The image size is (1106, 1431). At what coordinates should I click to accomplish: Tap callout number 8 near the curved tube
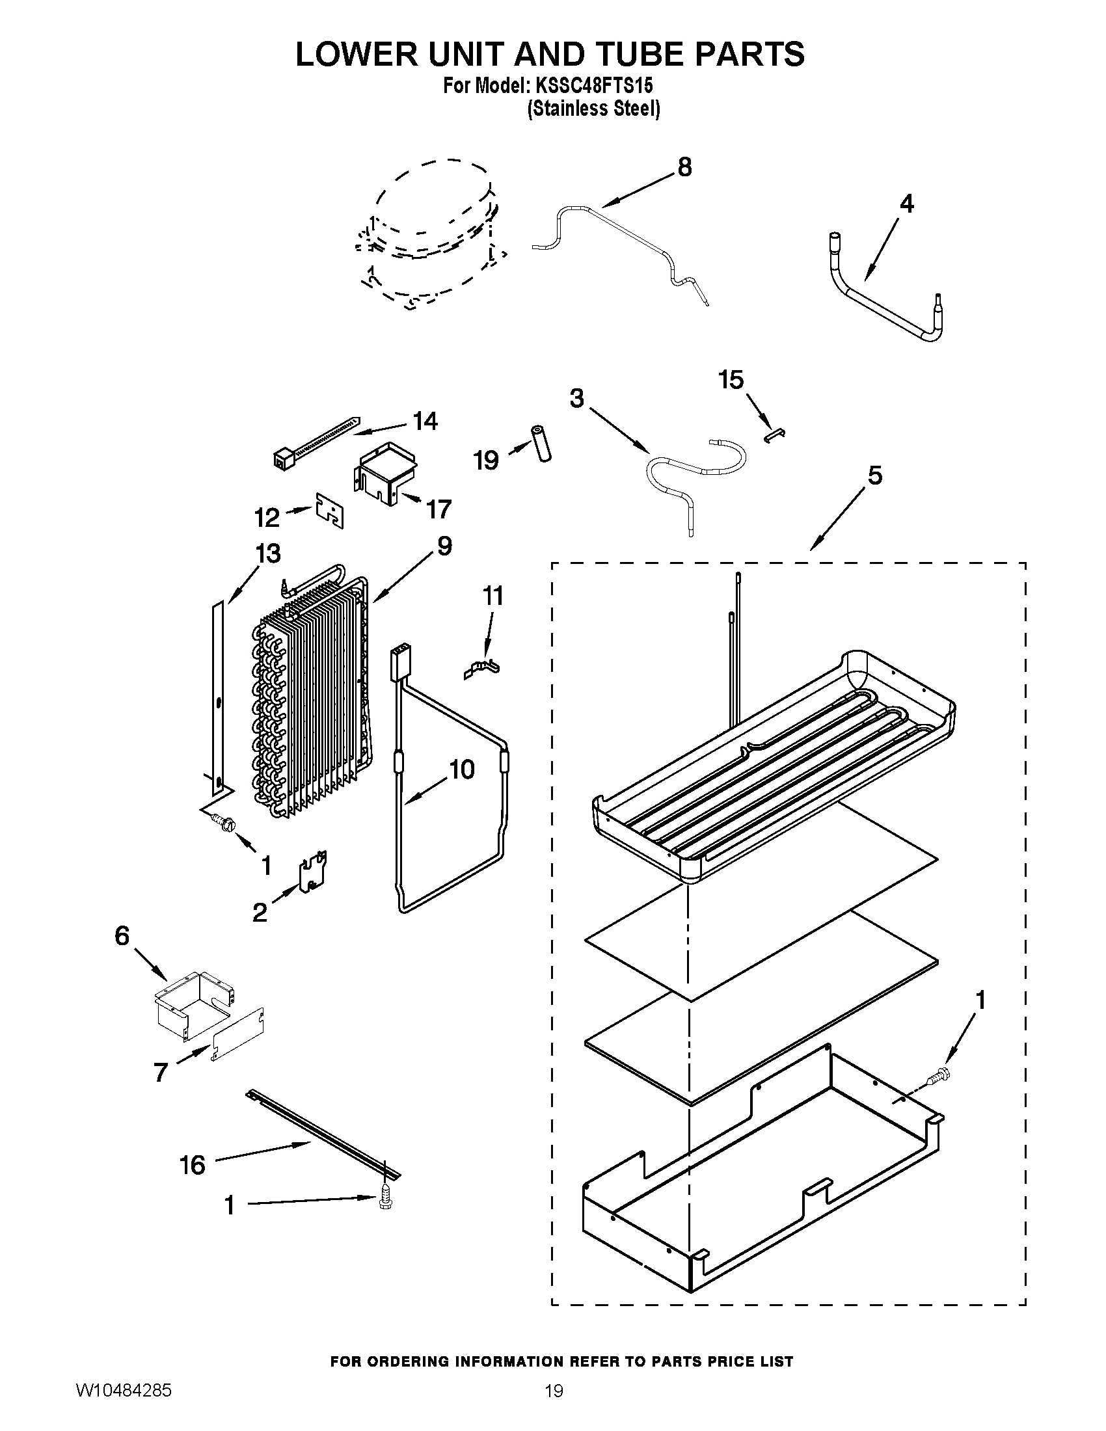[x=684, y=168]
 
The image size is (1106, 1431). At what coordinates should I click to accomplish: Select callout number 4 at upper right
[x=906, y=204]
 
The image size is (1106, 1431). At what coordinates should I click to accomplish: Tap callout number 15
[x=731, y=379]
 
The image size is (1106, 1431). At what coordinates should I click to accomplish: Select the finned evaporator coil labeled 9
[x=311, y=695]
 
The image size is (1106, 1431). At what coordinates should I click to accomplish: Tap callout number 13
[x=269, y=554]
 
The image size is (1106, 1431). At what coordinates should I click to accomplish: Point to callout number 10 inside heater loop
[x=462, y=770]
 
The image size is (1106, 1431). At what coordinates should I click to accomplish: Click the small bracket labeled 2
[x=313, y=872]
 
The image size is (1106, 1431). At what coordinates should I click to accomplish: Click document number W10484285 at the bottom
[x=124, y=1406]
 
